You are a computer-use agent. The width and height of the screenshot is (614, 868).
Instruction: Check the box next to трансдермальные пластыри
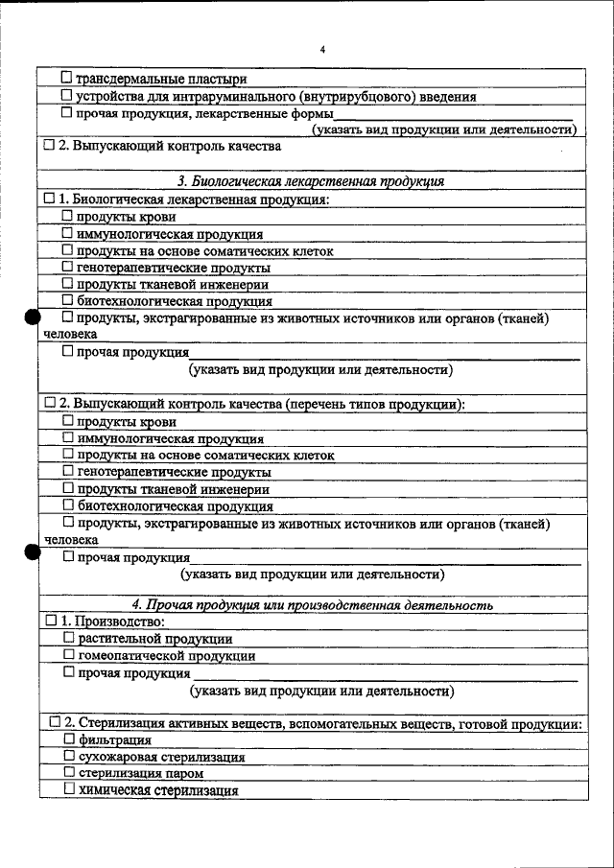[x=66, y=78]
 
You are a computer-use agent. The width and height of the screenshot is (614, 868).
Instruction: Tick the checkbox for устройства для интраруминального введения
[x=66, y=96]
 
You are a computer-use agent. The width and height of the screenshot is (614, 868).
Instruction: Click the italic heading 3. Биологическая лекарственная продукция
[x=311, y=181]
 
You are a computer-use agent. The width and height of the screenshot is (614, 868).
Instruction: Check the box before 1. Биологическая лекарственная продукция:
[x=50, y=199]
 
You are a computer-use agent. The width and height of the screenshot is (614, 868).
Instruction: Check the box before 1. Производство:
[x=51, y=622]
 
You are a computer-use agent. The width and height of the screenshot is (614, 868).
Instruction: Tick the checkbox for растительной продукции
[x=68, y=638]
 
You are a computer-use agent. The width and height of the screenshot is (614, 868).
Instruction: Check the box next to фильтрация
[x=68, y=739]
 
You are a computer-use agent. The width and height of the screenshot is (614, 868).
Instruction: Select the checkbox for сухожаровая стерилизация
[x=68, y=756]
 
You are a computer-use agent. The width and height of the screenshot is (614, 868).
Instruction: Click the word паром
[x=185, y=773]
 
